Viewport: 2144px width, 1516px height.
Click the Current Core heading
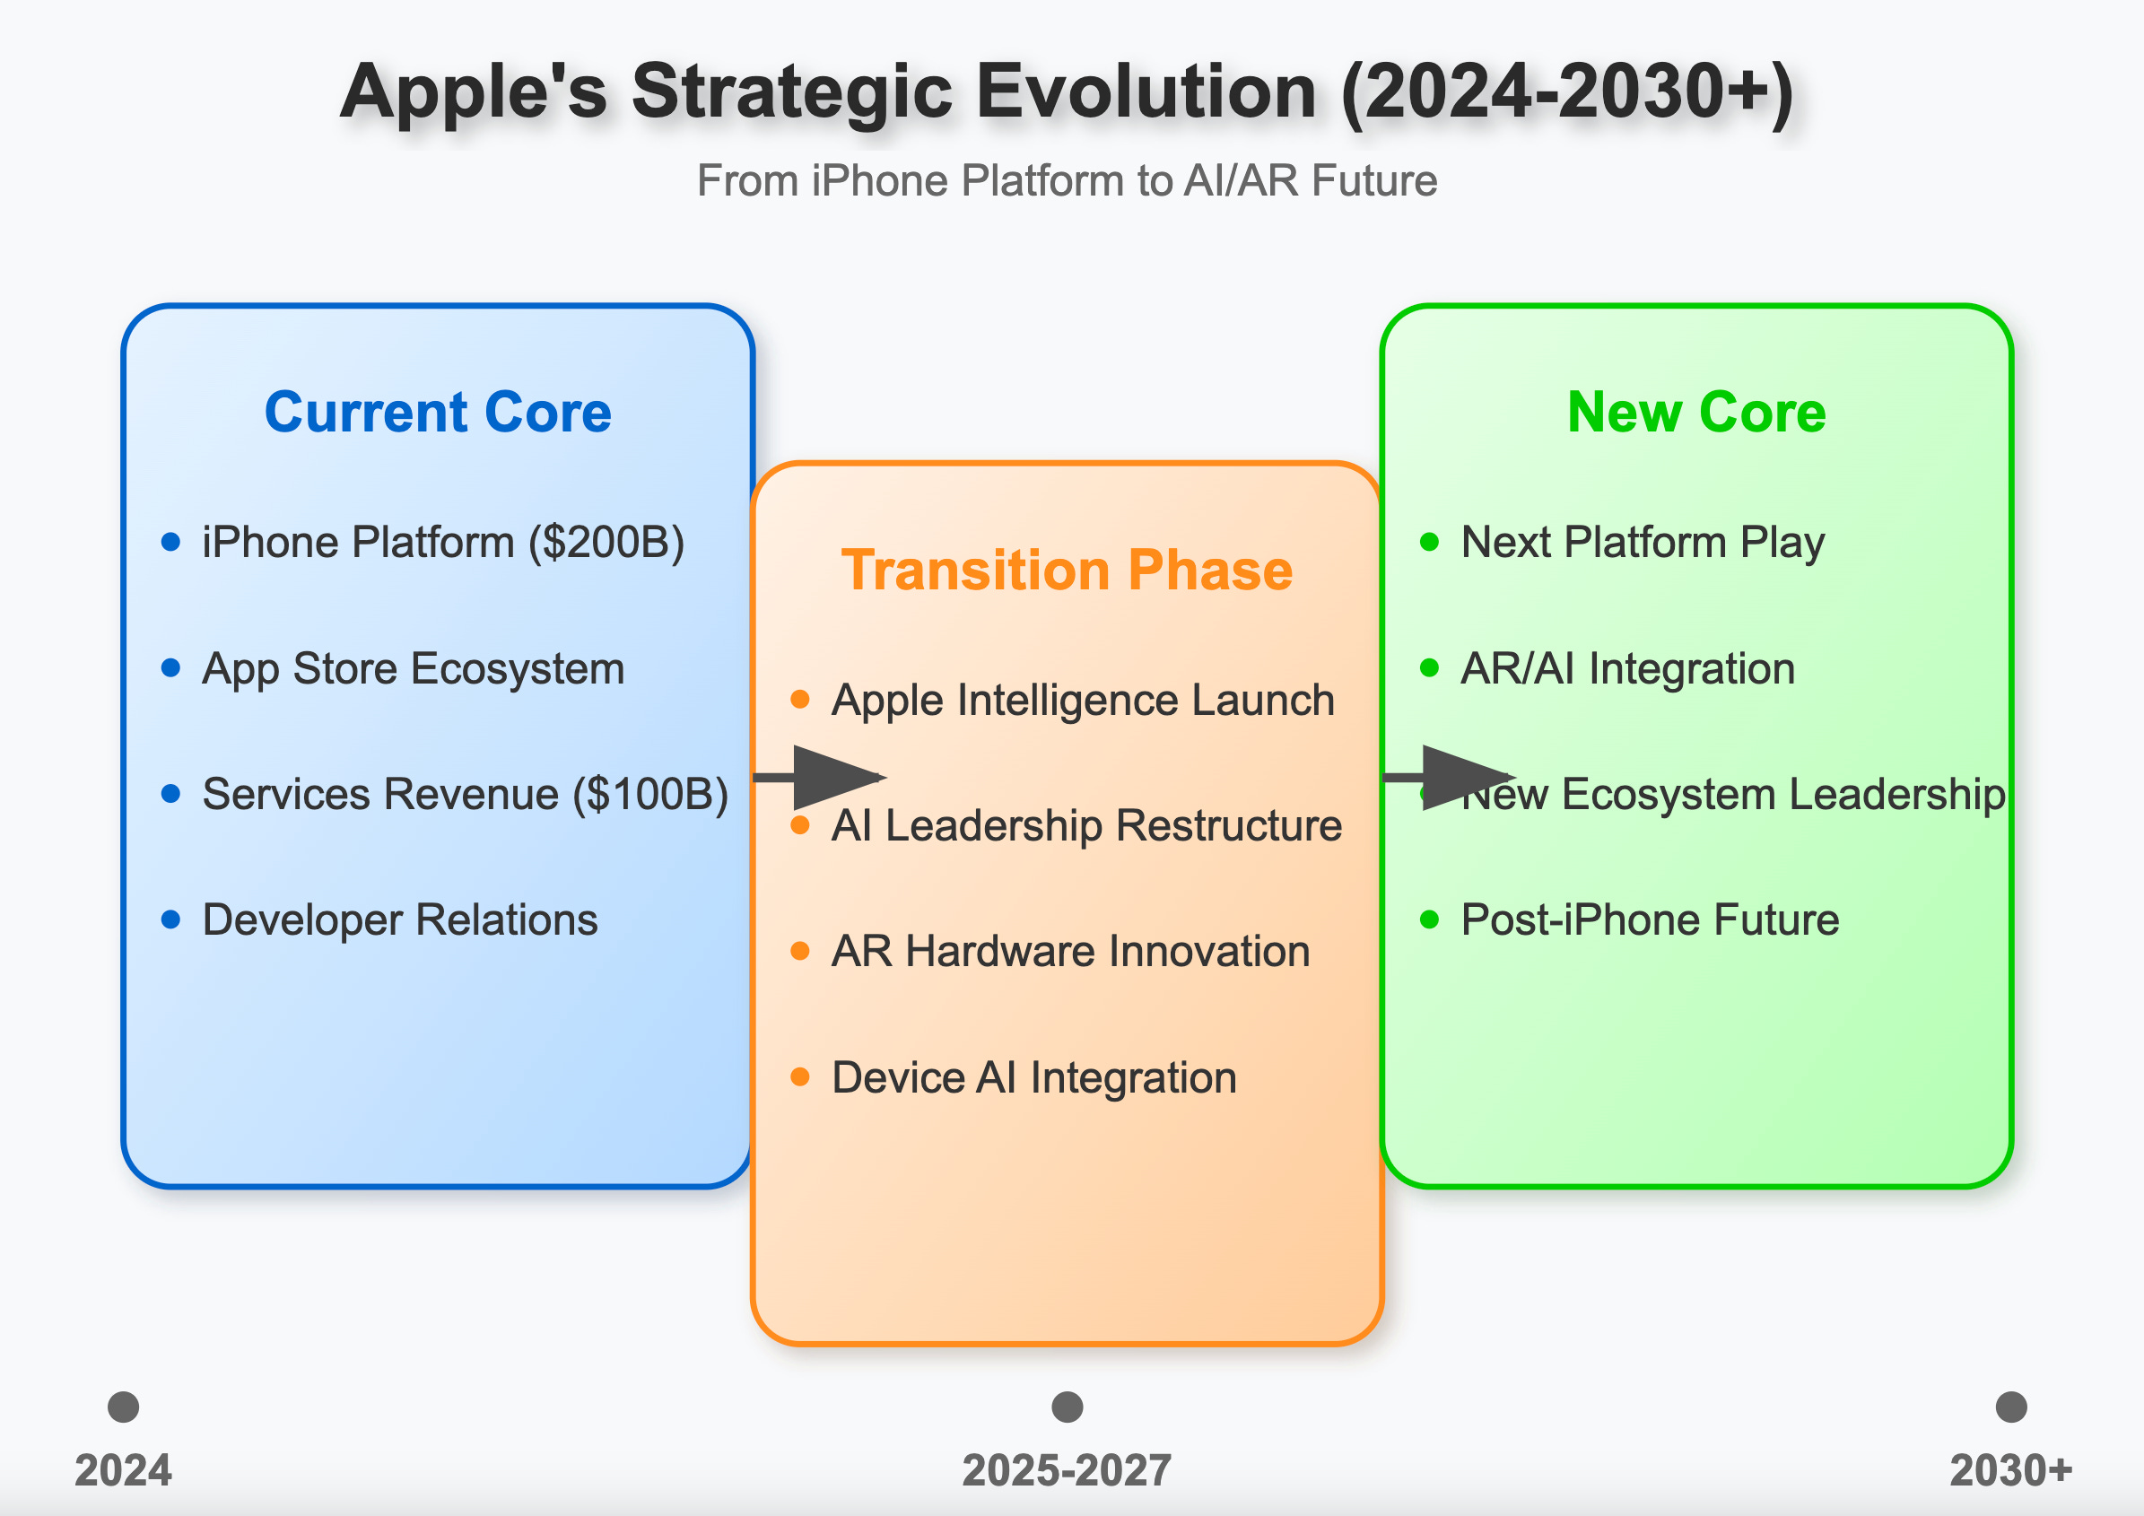tap(438, 413)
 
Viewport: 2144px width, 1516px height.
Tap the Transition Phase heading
tap(1067, 571)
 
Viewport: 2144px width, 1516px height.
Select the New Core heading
tap(1695, 413)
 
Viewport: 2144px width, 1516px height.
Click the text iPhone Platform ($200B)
tap(443, 543)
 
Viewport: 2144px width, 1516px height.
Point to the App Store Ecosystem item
tap(413, 668)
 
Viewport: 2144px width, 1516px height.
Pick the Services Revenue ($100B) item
tap(465, 795)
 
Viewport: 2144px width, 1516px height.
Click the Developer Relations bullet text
tap(400, 920)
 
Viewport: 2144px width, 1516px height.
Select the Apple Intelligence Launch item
tap(1082, 700)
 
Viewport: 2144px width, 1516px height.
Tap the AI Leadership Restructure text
tap(1086, 826)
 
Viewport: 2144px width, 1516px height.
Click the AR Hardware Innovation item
tap(1070, 952)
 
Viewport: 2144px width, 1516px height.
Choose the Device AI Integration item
tap(1033, 1078)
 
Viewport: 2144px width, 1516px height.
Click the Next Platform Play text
tap(1642, 543)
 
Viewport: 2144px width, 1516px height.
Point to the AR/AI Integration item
tap(1626, 668)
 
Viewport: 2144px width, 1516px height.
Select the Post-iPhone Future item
tap(1649, 920)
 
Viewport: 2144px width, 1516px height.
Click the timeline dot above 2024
tap(123, 1407)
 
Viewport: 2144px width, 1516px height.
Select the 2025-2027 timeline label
tap(1067, 1471)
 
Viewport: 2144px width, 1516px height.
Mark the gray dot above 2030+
tap(2010, 1407)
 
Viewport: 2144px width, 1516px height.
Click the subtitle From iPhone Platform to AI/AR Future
tap(1067, 181)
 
